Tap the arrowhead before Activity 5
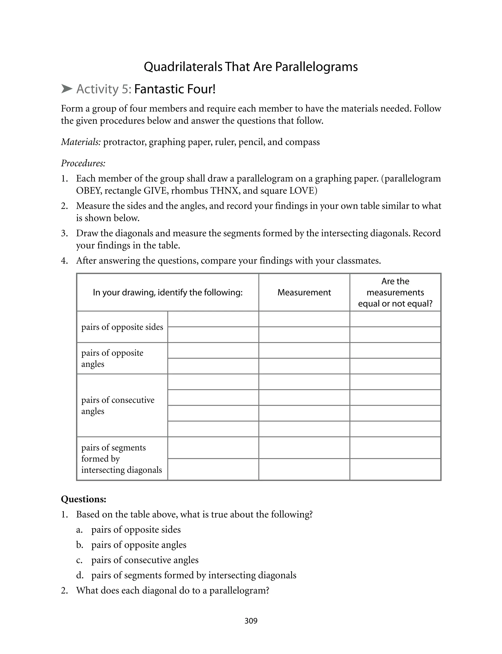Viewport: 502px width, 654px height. coord(67,89)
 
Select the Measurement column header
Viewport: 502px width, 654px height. coord(304,292)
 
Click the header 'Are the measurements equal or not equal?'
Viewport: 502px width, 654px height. coord(395,292)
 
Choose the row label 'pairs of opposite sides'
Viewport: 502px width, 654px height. coord(122,327)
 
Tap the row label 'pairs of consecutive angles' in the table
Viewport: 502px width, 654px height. coord(118,405)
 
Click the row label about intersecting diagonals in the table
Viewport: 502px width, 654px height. coord(121,459)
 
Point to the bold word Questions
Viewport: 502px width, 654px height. coord(83,499)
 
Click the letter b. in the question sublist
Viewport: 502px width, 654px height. coord(79,545)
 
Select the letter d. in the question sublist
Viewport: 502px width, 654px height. coord(79,575)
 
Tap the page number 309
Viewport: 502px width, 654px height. coord(251,621)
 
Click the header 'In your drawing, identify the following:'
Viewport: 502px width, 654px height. coord(167,292)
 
